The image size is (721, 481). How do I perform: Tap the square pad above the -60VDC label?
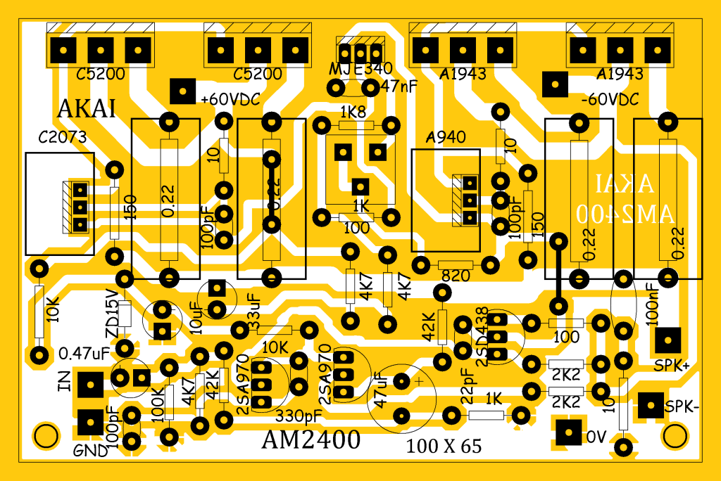(554, 84)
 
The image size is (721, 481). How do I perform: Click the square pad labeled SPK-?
(651, 406)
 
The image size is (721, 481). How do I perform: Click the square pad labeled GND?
(91, 422)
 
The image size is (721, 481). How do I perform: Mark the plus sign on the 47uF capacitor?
(420, 380)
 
